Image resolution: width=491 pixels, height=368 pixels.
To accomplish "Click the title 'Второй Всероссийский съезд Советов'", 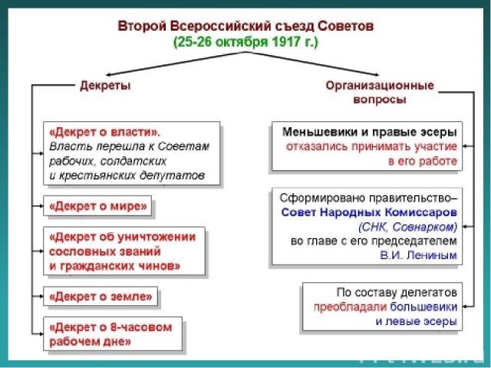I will click(x=245, y=25).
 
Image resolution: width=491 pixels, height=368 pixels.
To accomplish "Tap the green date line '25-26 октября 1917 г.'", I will click(x=245, y=41).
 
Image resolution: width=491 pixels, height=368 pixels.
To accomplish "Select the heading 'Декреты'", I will click(x=105, y=86).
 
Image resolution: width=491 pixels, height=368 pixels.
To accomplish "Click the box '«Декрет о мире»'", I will click(x=98, y=205).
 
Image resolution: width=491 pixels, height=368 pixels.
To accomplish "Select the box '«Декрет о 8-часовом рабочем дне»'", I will click(x=112, y=333).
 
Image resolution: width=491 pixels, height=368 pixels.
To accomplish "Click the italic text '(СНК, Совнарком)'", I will click(x=407, y=226).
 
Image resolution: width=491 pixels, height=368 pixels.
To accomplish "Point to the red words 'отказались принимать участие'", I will click(x=373, y=146).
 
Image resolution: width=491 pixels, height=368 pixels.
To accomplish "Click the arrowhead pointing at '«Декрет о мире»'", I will click(x=38, y=205).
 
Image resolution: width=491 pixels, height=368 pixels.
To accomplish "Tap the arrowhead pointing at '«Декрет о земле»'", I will click(x=38, y=295).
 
